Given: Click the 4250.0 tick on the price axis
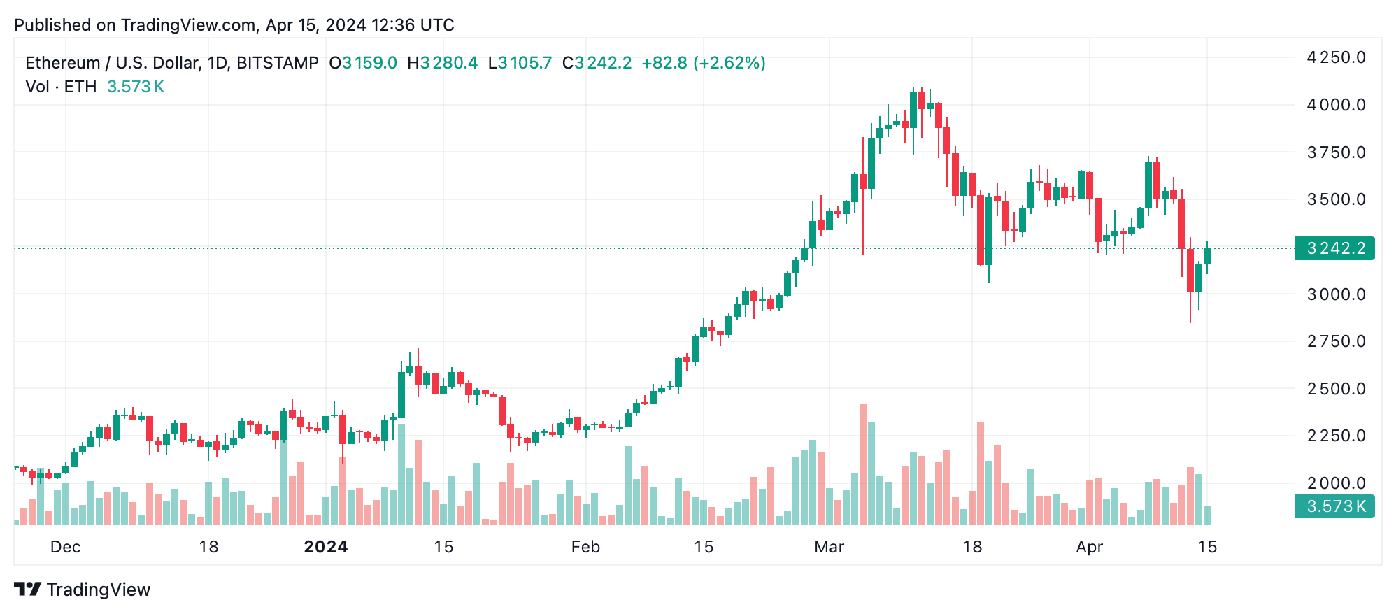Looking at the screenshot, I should (1336, 57).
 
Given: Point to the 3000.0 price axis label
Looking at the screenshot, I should (1336, 294).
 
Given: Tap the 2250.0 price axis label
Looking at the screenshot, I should (1336, 436).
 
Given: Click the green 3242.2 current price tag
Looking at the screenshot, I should (1334, 248).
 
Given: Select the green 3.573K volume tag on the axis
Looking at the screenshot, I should (1334, 506).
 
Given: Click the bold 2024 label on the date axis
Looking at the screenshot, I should (326, 547).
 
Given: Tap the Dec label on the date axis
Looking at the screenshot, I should (65, 547).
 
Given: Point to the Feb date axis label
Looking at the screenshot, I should (585, 547).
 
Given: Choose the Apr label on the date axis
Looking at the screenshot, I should (1089, 547).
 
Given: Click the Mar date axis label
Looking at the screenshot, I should (829, 547).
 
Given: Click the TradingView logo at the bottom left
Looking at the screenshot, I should (83, 590).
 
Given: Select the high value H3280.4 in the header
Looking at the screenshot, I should (443, 63).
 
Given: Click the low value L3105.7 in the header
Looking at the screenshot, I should (520, 63).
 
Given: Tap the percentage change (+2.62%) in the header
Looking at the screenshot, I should (729, 63).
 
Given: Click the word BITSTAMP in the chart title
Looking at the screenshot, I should (278, 63).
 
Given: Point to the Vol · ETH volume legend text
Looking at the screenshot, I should (61, 87).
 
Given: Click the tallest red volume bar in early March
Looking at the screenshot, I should (863, 465).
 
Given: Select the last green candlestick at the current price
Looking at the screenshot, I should (1207, 256).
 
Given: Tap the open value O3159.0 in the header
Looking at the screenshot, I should (363, 63).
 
